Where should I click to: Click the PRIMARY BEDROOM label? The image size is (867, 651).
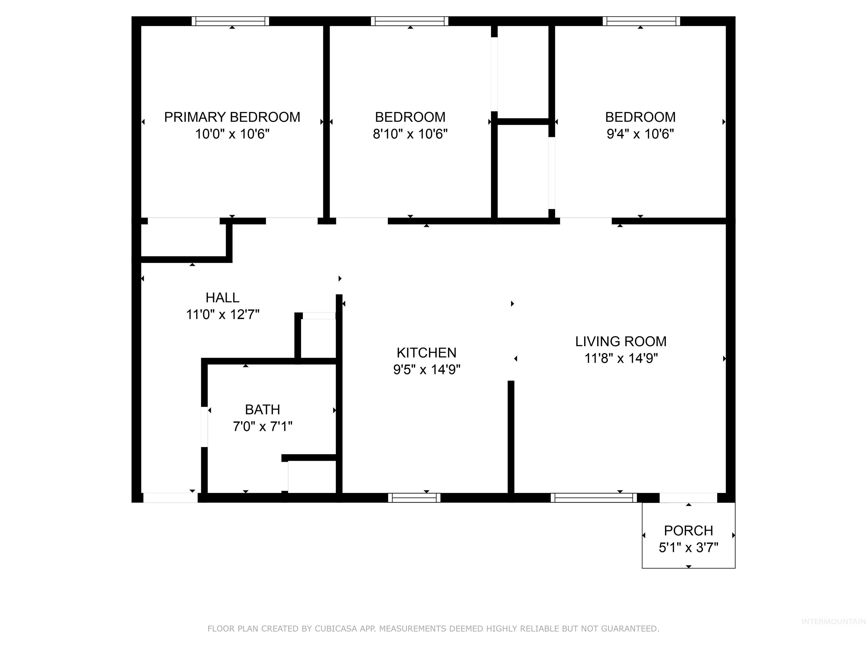232,117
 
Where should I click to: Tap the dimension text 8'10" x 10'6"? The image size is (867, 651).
410,134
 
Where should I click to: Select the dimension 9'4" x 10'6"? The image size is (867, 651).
640,134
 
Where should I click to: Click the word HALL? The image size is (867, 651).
222,298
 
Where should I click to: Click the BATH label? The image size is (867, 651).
262,410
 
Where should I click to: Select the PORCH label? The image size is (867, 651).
688,531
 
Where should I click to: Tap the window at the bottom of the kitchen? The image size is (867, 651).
414,498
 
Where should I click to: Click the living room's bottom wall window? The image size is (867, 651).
594,498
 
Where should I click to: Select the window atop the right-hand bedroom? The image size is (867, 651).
641,21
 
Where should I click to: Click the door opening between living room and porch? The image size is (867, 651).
688,498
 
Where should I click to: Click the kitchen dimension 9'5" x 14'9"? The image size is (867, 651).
426,370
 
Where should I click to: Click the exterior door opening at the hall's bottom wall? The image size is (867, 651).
170,498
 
